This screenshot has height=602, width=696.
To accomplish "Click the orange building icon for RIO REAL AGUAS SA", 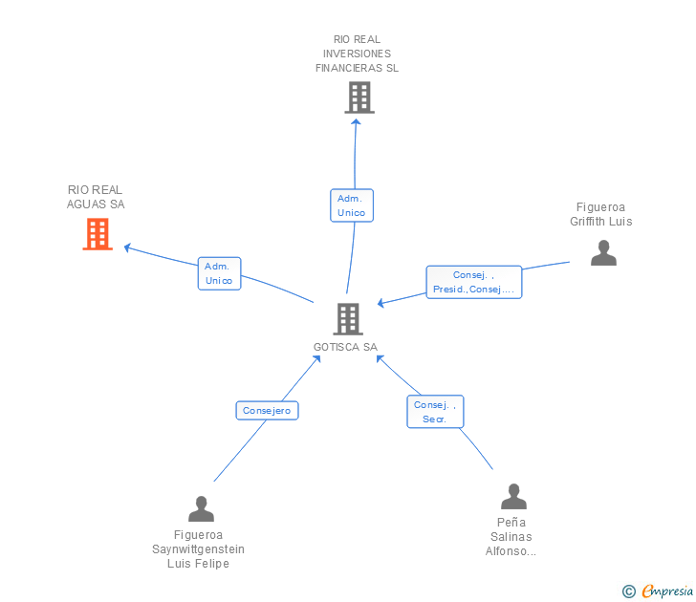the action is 98,234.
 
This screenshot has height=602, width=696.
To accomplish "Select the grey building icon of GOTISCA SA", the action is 348,318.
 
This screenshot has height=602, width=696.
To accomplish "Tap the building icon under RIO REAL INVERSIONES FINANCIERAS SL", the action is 359,97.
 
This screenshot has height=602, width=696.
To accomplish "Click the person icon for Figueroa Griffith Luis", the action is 603,253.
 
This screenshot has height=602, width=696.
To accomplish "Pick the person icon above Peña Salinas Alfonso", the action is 513,497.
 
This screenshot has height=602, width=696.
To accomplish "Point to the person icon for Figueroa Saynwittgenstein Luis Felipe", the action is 201,509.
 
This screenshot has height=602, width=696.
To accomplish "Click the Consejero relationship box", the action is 268,410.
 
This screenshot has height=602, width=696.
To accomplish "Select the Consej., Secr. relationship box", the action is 435,412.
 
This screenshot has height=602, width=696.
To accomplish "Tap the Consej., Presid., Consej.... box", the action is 473,282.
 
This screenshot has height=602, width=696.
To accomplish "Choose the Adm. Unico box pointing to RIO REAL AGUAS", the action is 219,273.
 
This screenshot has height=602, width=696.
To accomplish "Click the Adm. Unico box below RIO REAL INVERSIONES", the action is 352,205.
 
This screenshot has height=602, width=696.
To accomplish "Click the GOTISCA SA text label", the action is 345,347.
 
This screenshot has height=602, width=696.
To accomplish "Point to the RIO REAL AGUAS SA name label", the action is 96,197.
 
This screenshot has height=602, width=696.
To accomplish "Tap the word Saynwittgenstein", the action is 198,549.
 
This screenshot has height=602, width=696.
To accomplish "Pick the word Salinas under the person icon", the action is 511,537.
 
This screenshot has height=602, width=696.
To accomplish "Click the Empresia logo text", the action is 667,591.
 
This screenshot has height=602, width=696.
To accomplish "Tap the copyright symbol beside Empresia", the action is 628,591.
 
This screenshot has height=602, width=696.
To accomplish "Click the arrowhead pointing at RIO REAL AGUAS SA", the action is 127,247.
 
